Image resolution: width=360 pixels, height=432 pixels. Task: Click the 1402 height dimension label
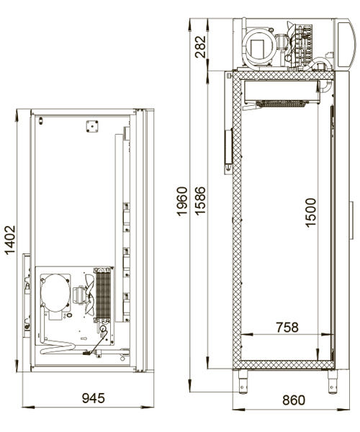[x=11, y=240]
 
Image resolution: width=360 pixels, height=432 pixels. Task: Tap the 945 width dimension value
[x=94, y=398]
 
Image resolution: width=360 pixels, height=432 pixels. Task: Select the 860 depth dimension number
[x=294, y=400]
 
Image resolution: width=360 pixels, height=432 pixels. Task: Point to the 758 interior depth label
[x=287, y=328]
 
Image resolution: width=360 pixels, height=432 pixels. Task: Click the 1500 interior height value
[x=311, y=212]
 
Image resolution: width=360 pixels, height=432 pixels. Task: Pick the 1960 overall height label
[x=182, y=201]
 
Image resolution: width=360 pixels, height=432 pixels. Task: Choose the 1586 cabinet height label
[x=200, y=201]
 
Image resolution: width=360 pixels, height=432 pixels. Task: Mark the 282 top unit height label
[x=200, y=47]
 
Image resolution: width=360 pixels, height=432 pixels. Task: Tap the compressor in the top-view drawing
[x=55, y=292]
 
